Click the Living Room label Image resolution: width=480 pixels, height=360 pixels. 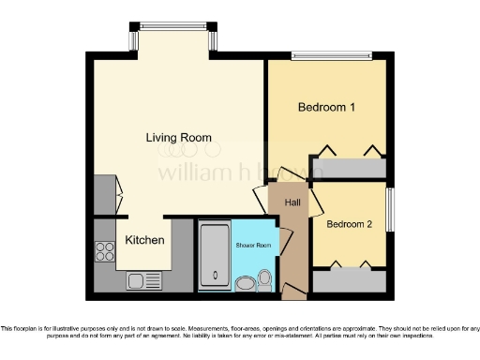click(178, 138)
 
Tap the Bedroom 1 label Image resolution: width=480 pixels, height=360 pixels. click(326, 108)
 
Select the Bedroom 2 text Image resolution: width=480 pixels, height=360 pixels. click(350, 224)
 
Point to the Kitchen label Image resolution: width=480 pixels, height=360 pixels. click(144, 241)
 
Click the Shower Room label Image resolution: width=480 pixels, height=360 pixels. click(252, 245)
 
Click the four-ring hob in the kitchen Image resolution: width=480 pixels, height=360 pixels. click(103, 250)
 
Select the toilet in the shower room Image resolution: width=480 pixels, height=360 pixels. click(265, 279)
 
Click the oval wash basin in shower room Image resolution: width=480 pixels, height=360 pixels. click(246, 284)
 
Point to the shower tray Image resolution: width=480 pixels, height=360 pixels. click(214, 254)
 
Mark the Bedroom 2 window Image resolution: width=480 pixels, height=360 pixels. click(390, 209)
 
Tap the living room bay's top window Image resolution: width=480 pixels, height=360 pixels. click(172, 26)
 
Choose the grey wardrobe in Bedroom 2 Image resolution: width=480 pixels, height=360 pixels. click(349, 280)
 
